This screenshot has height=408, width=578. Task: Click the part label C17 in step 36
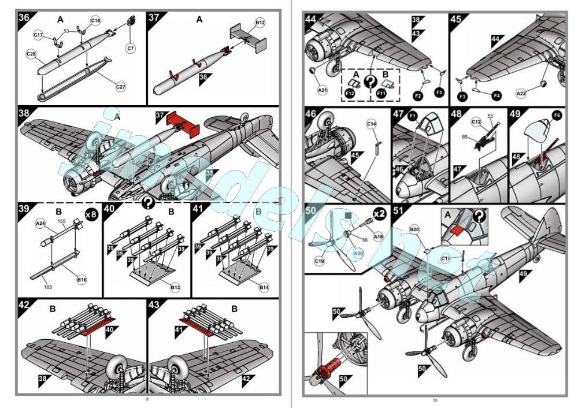(39, 35)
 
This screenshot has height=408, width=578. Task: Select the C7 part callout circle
(131, 49)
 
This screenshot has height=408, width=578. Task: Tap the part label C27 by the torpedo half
(121, 87)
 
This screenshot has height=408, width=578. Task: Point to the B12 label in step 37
(260, 23)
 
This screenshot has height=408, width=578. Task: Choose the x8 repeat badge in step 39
(91, 214)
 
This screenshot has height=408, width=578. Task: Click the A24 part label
(40, 222)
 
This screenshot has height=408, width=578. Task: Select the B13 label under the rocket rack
(176, 287)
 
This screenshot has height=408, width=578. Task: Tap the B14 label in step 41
(265, 287)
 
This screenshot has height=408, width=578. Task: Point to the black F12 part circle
(350, 92)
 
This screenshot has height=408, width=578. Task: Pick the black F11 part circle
(381, 92)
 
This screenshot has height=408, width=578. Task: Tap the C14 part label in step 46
(372, 124)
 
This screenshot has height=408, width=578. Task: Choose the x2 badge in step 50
(379, 213)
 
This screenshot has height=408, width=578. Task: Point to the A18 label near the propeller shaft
(379, 236)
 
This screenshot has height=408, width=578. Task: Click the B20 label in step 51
(414, 229)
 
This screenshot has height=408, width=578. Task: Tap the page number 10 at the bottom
(435, 400)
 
